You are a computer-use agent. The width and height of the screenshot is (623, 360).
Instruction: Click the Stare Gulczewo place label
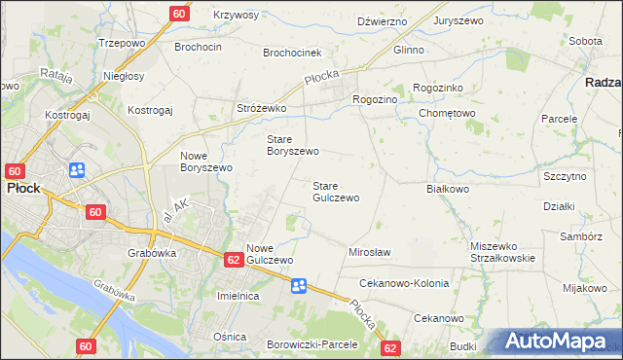tap(335, 192)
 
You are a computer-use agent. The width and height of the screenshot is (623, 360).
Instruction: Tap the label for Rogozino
tap(375, 97)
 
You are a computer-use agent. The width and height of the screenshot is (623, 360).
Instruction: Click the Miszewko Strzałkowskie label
tap(502, 252)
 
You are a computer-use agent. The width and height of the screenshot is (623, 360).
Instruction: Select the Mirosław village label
tap(369, 253)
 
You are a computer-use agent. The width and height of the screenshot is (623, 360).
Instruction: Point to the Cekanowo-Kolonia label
tap(404, 283)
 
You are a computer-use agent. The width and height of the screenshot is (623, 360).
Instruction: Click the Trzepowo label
tap(122, 44)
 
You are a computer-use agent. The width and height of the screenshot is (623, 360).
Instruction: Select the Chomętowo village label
tap(447, 114)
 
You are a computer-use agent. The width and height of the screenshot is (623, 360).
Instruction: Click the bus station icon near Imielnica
tap(299, 285)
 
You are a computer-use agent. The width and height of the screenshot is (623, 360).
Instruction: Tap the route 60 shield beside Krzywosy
tap(179, 14)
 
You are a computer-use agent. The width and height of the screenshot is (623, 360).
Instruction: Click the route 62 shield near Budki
tap(390, 348)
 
